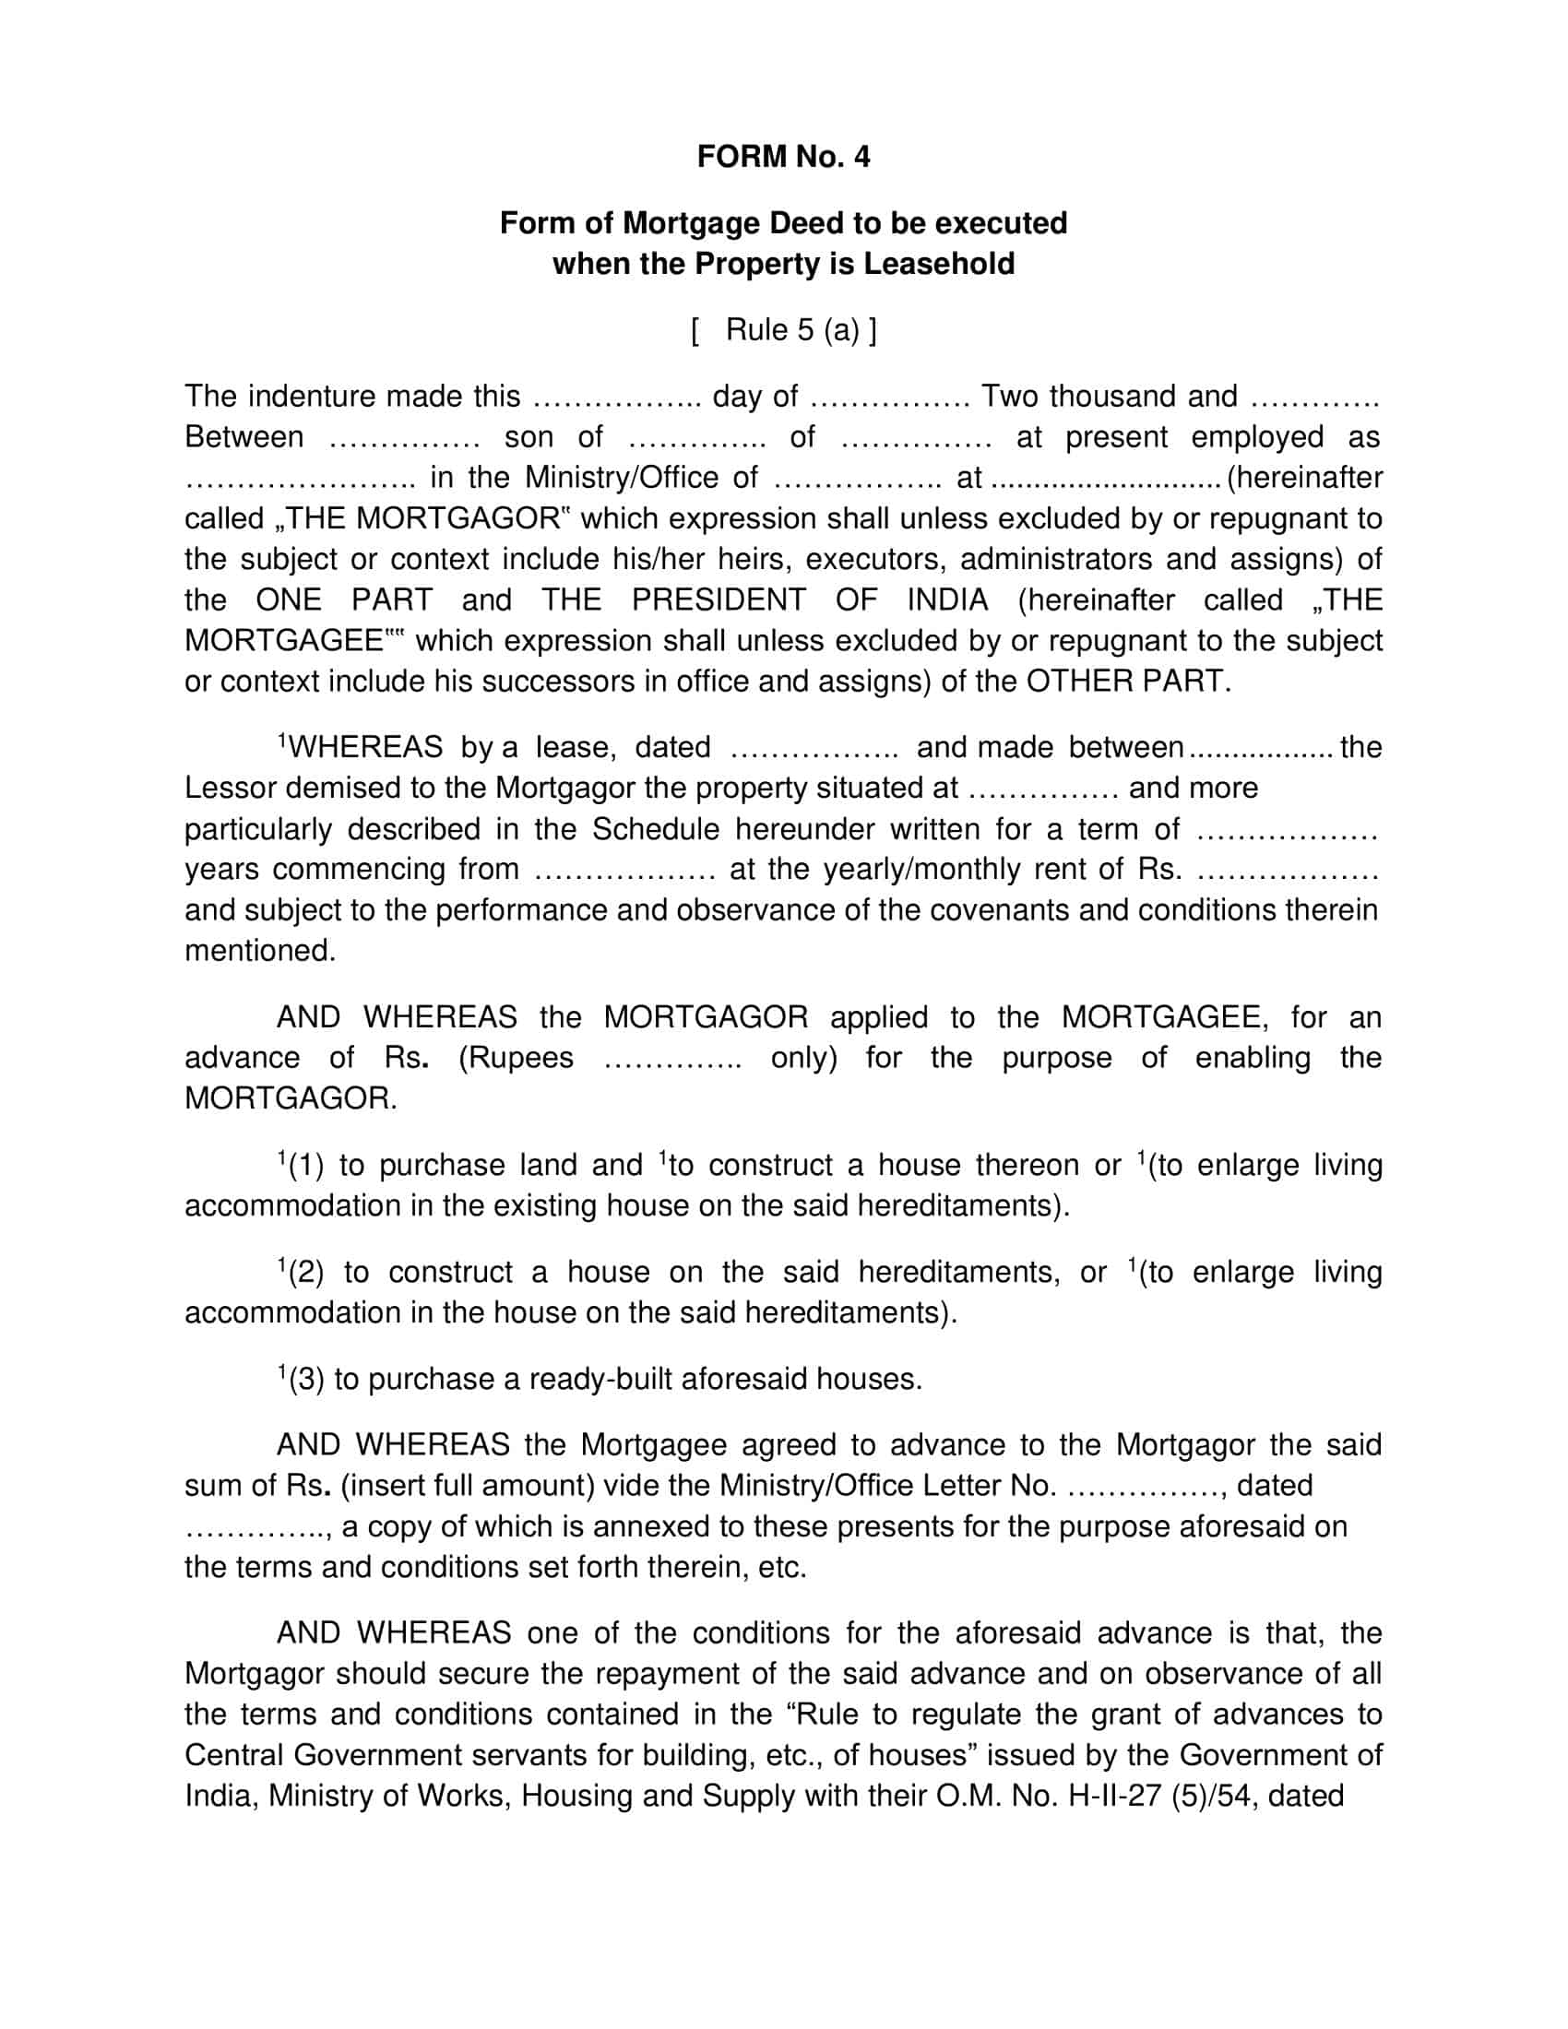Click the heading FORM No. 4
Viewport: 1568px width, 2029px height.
pyautogui.click(x=783, y=157)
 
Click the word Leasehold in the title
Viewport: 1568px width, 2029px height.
pyautogui.click(x=939, y=265)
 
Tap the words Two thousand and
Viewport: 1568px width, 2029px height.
pyautogui.click(x=1109, y=397)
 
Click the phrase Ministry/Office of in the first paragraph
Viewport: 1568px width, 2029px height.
pyautogui.click(x=641, y=479)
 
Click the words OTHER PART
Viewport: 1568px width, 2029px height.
pyautogui.click(x=1128, y=682)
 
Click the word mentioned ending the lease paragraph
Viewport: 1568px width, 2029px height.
pyautogui.click(x=259, y=950)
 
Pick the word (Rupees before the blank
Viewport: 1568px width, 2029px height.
pyautogui.click(x=517, y=1058)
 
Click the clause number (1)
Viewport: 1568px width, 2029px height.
pyautogui.click(x=305, y=1166)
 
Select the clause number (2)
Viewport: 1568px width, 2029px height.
pyautogui.click(x=305, y=1273)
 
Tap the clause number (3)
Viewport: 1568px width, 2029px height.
pyautogui.click(x=305, y=1380)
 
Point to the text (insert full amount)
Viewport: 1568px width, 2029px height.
pyautogui.click(x=468, y=1487)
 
